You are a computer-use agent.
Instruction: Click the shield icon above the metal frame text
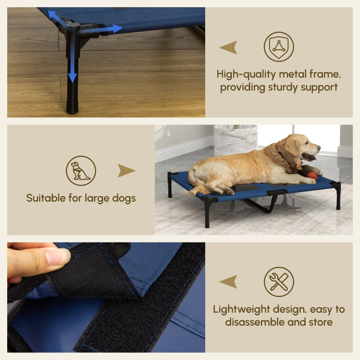(279, 46)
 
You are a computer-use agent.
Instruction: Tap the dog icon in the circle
(81, 171)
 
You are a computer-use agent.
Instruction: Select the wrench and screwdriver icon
(279, 282)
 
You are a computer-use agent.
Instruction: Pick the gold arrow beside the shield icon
(228, 47)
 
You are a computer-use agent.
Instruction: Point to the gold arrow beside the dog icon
(126, 171)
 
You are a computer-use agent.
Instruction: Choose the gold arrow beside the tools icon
(228, 282)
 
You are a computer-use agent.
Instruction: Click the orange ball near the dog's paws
(312, 176)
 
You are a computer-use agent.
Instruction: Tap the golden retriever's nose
(318, 147)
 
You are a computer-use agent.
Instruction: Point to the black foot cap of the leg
(72, 107)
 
